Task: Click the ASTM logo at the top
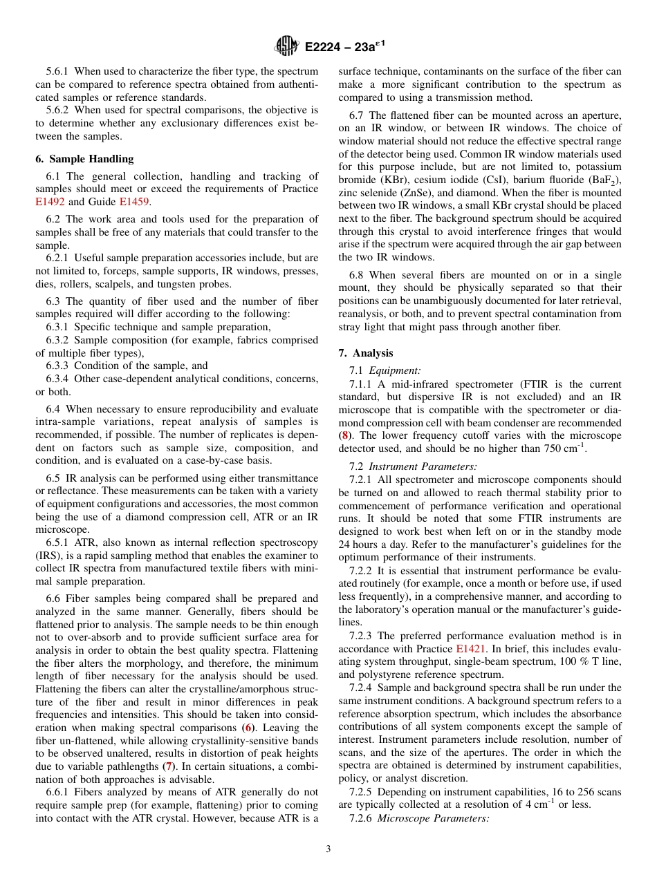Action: (286, 46)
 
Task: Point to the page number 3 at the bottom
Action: (328, 849)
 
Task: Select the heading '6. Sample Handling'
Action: (84, 158)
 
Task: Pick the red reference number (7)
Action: (168, 766)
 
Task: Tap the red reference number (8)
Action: (344, 435)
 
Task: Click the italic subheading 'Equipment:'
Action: (401, 371)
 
